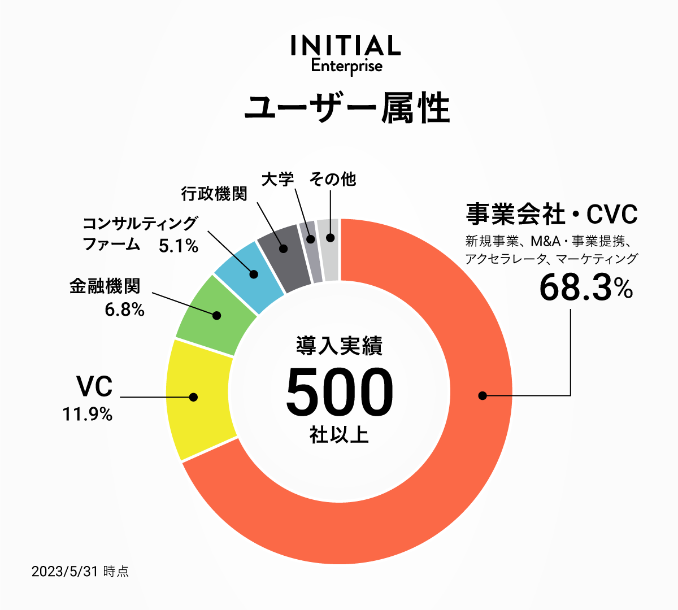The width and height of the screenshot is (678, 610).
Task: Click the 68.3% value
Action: pyautogui.click(x=585, y=287)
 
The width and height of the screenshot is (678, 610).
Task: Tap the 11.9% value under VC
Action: pyautogui.click(x=88, y=415)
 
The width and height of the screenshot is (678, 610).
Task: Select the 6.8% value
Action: pyautogui.click(x=125, y=310)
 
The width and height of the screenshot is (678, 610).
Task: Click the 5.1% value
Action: pyautogui.click(x=179, y=246)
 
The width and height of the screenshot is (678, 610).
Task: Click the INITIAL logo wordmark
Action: pyautogui.click(x=346, y=46)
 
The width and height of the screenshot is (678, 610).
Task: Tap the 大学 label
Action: pyautogui.click(x=278, y=180)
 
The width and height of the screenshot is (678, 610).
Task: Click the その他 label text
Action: pyautogui.click(x=333, y=180)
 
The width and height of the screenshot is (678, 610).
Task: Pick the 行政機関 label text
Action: pyautogui.click(x=214, y=194)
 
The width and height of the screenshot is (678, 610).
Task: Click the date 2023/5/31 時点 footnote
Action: pyautogui.click(x=80, y=572)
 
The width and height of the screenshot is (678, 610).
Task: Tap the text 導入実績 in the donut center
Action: pyautogui.click(x=339, y=346)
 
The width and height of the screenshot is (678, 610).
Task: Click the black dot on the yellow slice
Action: pyautogui.click(x=194, y=397)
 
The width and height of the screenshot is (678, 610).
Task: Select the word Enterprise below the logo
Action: pyautogui.click(x=346, y=66)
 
